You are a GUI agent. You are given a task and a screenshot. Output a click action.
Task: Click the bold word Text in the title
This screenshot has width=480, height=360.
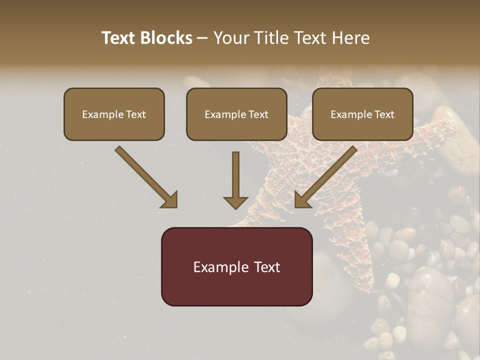click(118, 38)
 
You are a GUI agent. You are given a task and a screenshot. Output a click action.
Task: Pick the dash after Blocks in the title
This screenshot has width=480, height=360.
click(202, 38)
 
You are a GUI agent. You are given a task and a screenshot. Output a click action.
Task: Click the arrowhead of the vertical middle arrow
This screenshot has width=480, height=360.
click(235, 202)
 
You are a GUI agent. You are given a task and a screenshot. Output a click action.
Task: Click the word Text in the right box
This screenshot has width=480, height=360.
click(384, 114)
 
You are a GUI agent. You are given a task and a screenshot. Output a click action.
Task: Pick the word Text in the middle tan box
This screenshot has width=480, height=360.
click(258, 114)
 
